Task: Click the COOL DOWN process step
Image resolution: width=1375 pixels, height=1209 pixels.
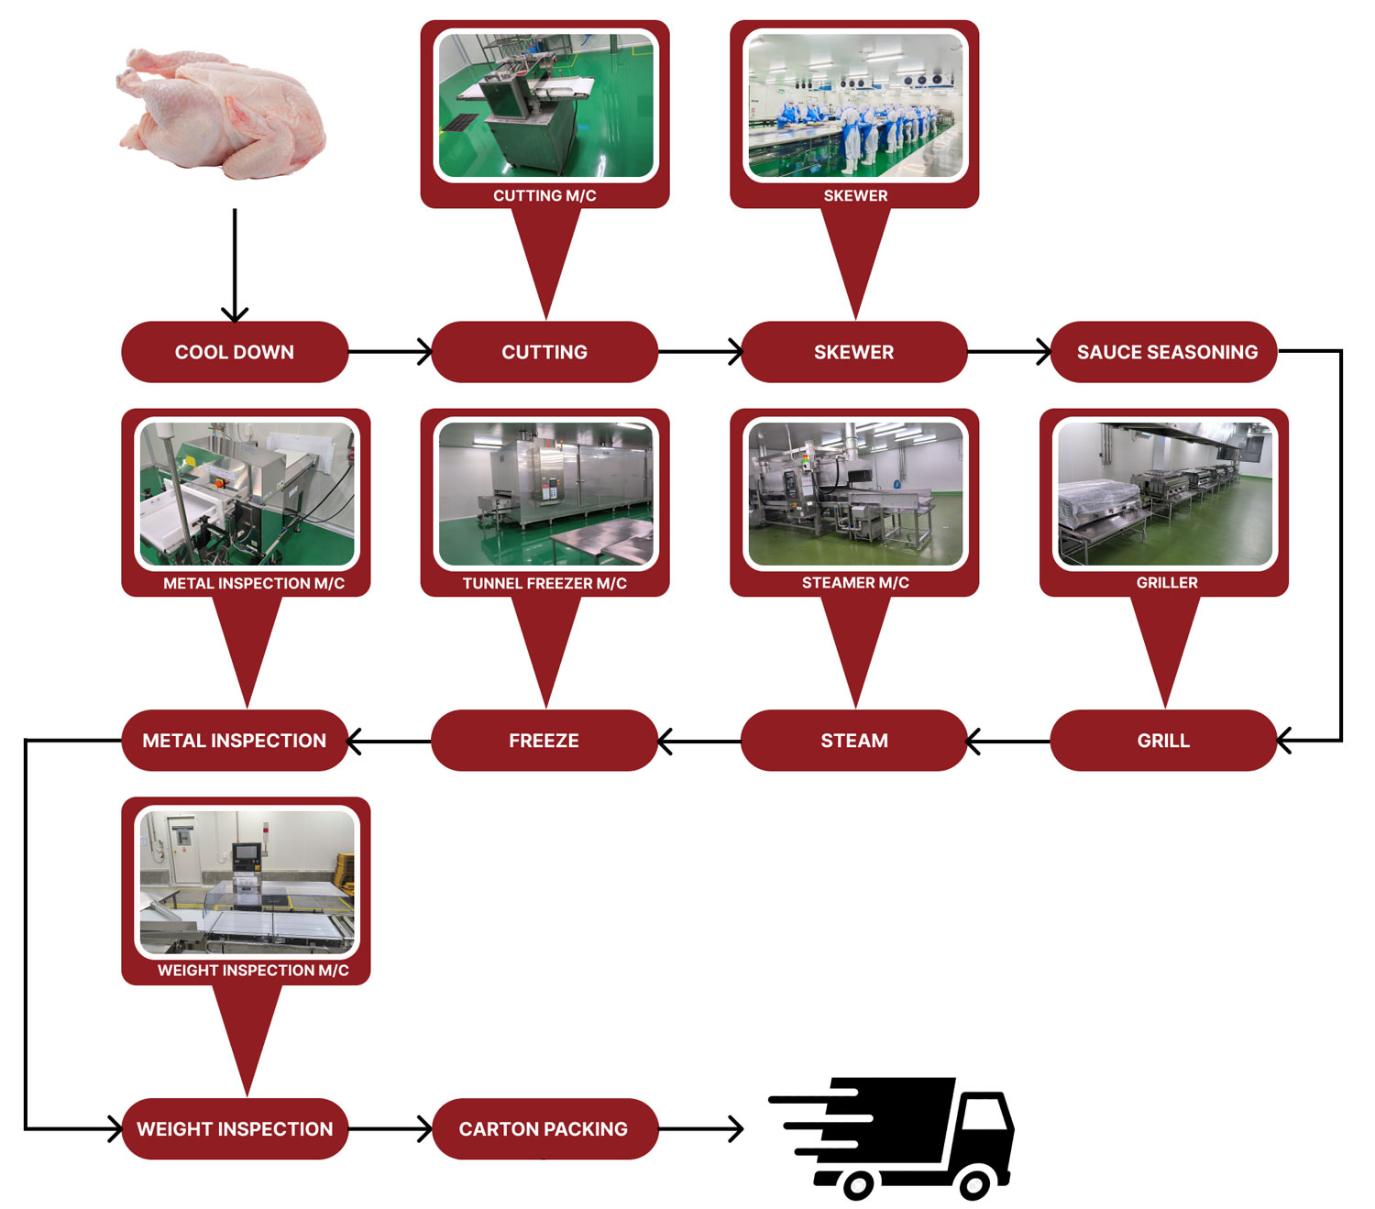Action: (x=235, y=352)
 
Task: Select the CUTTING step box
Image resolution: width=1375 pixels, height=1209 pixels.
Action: (x=544, y=352)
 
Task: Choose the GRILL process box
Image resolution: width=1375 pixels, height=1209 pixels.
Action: (x=1163, y=741)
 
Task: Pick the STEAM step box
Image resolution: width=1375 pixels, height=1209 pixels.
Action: (x=853, y=741)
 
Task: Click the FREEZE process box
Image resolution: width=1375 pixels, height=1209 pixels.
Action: (x=544, y=741)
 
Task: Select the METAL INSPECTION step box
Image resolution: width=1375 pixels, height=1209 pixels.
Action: (x=235, y=741)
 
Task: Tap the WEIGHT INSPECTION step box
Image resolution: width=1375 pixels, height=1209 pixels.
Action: (x=235, y=1129)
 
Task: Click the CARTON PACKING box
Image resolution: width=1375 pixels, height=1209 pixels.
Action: (x=544, y=1129)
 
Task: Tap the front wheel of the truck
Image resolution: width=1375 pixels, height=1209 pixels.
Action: (x=974, y=1184)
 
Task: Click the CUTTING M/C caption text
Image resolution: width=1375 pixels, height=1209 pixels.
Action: (x=544, y=195)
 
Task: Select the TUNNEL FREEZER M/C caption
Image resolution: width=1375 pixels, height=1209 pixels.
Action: (x=544, y=583)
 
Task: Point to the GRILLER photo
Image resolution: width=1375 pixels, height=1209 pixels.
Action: (x=1164, y=493)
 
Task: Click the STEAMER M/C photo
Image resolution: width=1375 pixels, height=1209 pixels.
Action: (x=855, y=493)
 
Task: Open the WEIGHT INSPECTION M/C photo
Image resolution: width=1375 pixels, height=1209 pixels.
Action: (x=246, y=882)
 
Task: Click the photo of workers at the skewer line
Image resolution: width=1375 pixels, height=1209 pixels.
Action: (x=855, y=105)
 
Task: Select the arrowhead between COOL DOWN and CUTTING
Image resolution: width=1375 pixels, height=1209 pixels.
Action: (x=424, y=351)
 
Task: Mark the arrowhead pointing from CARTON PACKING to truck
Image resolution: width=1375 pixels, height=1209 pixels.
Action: (x=735, y=1129)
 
